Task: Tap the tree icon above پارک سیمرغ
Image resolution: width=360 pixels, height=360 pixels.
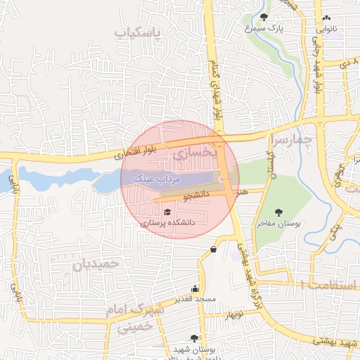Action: [x=264, y=16]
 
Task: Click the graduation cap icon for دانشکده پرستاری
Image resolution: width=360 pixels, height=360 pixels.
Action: [x=167, y=212]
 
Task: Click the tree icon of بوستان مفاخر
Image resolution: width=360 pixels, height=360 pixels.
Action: [x=278, y=211]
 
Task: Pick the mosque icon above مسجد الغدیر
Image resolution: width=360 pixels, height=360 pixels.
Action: [x=195, y=288]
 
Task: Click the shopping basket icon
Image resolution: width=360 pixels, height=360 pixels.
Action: [x=213, y=248]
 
